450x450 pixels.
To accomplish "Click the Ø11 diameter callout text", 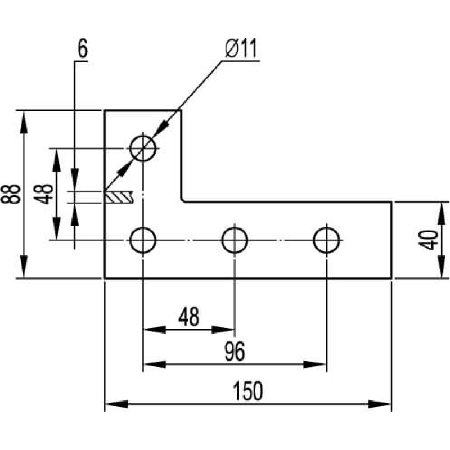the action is click(241, 48).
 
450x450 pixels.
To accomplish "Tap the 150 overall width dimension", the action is click(247, 391).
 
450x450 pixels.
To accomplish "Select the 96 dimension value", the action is click(235, 351).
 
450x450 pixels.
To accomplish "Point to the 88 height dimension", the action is click(11, 194).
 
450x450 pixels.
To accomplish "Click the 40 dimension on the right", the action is click(428, 240).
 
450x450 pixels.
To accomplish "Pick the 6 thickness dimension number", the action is click(82, 48).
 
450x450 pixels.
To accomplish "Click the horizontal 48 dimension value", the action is click(188, 317).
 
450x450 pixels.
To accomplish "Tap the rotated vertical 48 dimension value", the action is click(44, 194).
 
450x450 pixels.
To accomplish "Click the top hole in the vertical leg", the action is click(143, 148).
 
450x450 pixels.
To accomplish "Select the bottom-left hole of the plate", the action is click(143, 240).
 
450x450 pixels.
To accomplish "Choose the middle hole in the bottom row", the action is click(235, 240).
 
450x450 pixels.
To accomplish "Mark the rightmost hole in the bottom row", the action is click(327, 240).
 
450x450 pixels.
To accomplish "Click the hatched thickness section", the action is click(119, 197).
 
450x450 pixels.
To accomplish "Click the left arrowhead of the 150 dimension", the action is click(116, 404).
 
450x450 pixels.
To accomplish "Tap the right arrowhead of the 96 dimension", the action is click(315, 364).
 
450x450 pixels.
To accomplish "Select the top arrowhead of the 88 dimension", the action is click(24, 121).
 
